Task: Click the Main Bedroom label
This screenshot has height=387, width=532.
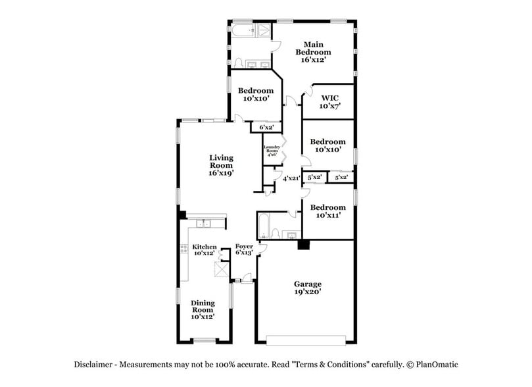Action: (312, 52)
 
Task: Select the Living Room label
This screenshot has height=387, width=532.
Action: (221, 165)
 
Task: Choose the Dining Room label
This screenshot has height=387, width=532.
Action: (203, 309)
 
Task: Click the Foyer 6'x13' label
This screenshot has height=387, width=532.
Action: (244, 249)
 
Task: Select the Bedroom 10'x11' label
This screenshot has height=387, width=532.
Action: (327, 211)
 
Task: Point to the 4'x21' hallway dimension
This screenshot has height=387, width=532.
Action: (291, 178)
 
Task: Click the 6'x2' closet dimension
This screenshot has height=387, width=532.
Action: (266, 127)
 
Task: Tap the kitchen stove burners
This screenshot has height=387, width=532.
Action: (183, 249)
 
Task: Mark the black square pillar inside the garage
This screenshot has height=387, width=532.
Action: (303, 245)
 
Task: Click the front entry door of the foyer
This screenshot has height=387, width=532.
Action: (246, 282)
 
